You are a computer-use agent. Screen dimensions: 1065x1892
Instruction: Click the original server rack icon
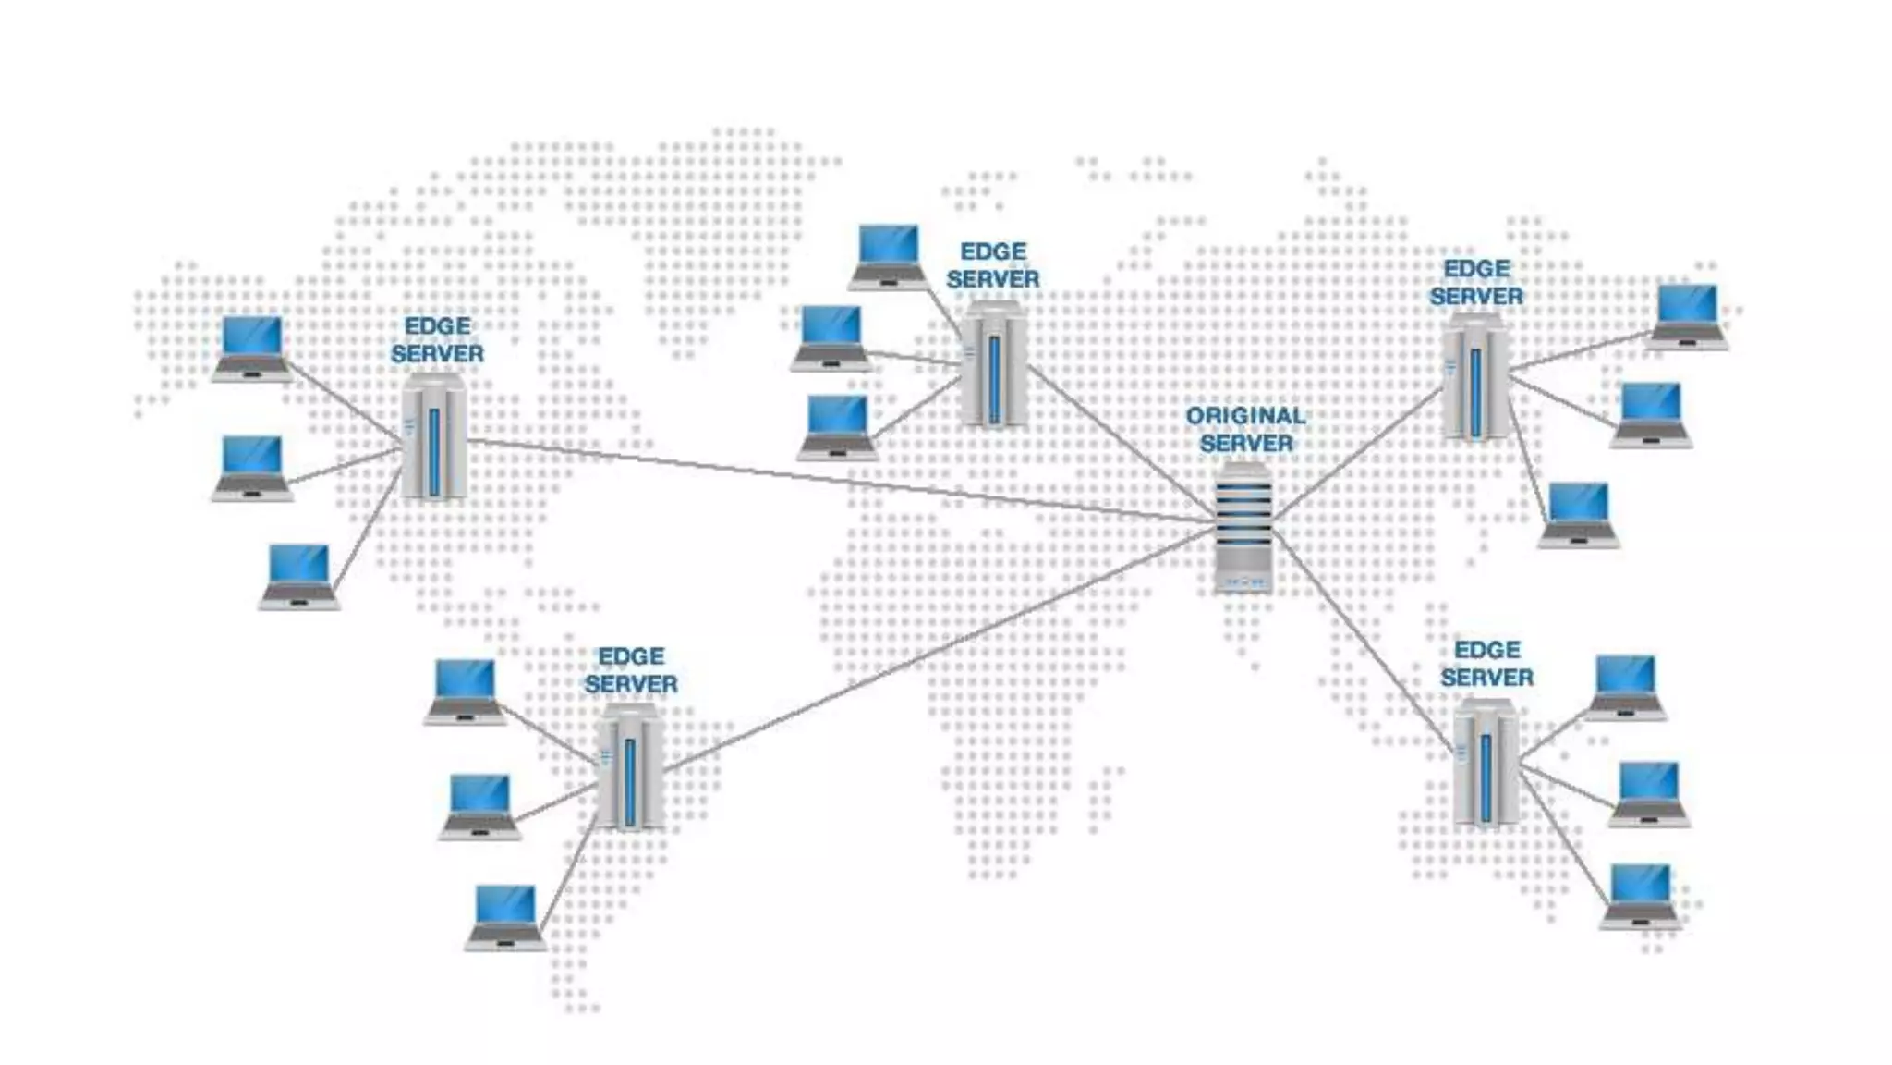coord(1243,528)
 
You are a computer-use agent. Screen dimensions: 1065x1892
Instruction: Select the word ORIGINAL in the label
coord(1245,416)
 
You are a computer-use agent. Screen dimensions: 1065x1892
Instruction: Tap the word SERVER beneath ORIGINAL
coord(1245,444)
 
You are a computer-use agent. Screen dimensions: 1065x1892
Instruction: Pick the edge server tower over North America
coord(433,437)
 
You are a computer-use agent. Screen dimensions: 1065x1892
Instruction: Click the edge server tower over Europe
coord(993,367)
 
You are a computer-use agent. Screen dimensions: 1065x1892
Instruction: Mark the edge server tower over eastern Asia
coord(1475,377)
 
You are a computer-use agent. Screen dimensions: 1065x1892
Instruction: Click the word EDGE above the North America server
coord(437,326)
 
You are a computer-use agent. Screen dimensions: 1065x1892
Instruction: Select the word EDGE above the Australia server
coord(1486,650)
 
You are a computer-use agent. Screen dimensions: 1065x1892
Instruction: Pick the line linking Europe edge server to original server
coord(1118,442)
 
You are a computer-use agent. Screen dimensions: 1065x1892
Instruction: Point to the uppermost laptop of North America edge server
coord(252,348)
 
